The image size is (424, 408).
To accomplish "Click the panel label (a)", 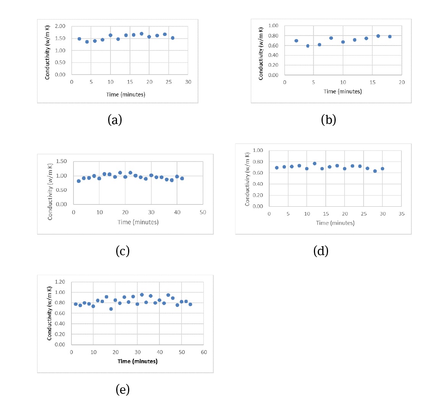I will point(115,120).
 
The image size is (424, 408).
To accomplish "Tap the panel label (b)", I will point(328,120).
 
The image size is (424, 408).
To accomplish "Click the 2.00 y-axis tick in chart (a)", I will point(60,26).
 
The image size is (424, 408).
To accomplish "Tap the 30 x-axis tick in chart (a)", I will point(188,82).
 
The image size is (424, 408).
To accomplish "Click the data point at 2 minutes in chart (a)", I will point(80,39).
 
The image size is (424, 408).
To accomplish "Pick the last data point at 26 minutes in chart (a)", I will point(173,38).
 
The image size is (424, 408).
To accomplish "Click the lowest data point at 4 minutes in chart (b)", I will point(308,46).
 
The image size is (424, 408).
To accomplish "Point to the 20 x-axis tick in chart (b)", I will point(401,82).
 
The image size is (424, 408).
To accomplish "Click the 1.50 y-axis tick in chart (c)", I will point(61,162).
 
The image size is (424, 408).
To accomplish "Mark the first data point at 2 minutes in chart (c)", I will point(79,181).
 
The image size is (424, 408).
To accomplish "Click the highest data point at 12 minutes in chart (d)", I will point(315,163).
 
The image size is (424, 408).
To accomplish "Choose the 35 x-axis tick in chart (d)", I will point(401,214).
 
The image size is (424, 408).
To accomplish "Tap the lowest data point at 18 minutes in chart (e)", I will point(111,309).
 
